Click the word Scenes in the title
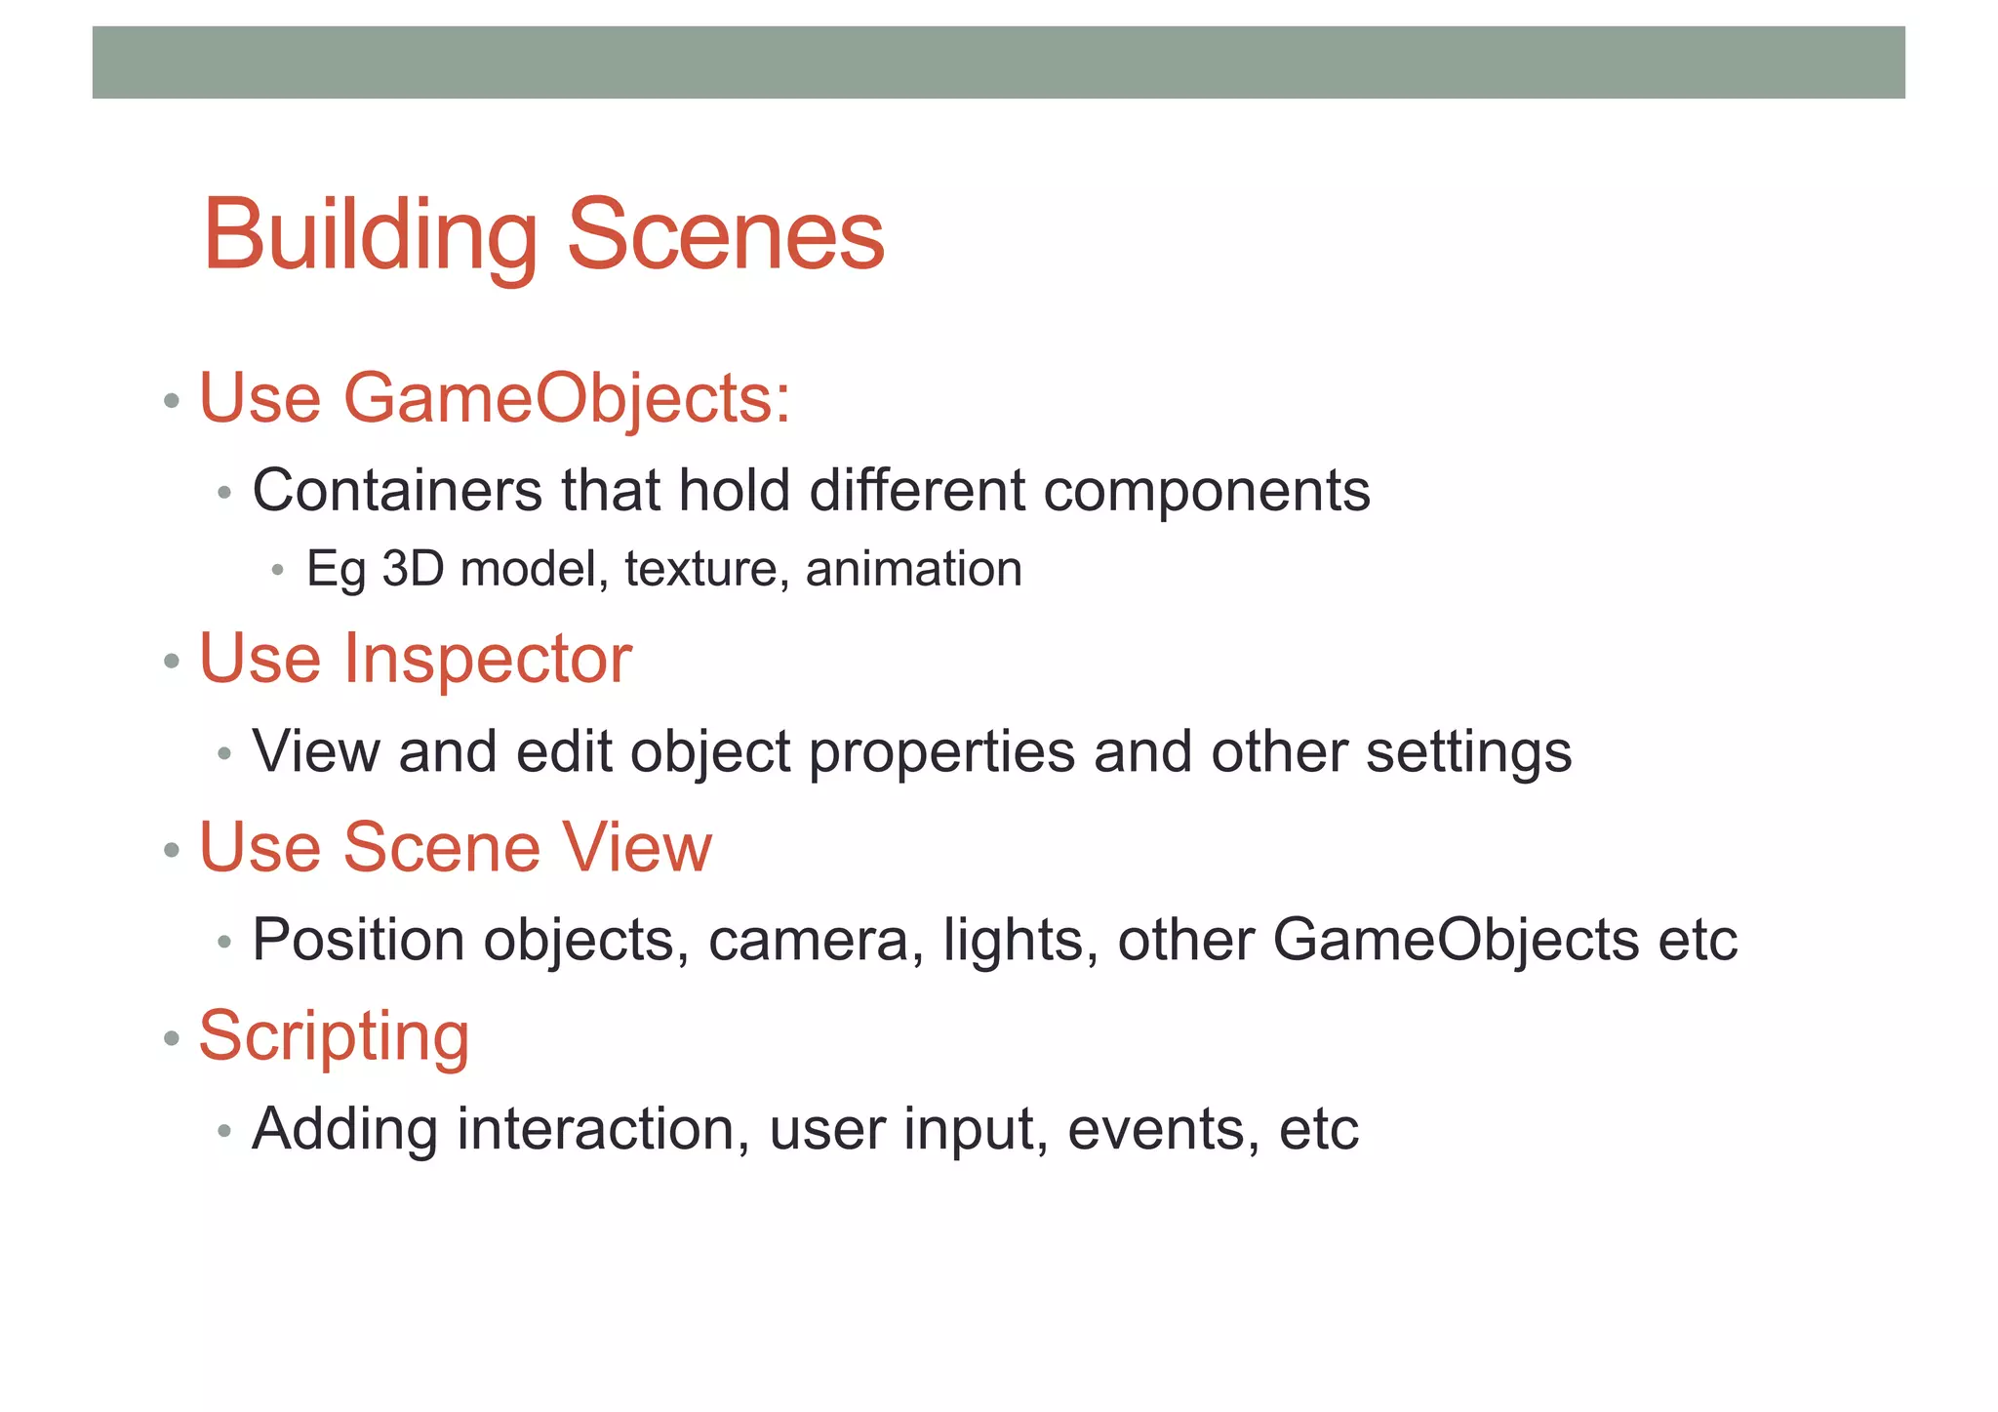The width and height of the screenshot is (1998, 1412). click(725, 236)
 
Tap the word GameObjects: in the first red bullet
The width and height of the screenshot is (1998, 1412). click(566, 400)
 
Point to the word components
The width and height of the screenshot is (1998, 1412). click(1206, 492)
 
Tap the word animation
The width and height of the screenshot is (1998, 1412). click(913, 569)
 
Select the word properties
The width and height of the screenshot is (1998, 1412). click(941, 753)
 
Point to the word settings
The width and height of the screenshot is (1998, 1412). click(1468, 753)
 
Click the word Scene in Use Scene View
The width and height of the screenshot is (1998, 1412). click(441, 847)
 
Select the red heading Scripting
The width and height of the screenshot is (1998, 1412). click(334, 1036)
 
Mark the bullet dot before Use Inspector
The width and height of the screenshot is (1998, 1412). click(173, 662)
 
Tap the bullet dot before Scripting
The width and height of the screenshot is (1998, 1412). click(173, 1038)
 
